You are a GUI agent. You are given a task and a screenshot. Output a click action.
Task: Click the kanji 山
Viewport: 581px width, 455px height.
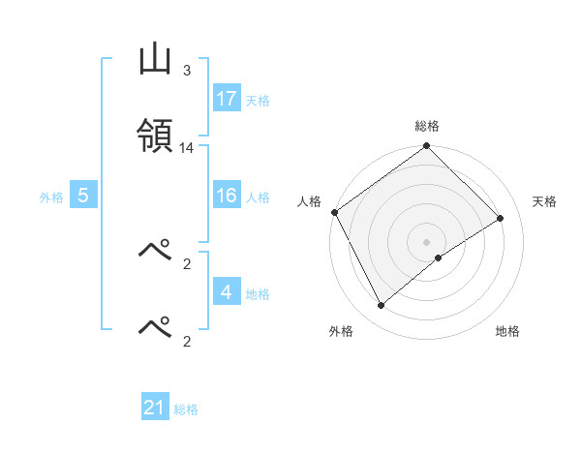(155, 61)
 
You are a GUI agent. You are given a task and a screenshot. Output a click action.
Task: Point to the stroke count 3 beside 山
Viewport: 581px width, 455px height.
(187, 71)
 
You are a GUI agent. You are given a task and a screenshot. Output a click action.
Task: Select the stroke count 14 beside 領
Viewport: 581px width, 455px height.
(187, 148)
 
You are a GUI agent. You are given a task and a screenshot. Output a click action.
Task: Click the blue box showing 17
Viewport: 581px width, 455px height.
(227, 99)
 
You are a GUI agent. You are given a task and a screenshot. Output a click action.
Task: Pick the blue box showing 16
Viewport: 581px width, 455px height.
(227, 196)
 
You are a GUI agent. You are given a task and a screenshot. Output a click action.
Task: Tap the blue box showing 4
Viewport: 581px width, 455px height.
(227, 292)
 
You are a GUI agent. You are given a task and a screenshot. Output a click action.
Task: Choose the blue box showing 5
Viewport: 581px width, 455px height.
(83, 196)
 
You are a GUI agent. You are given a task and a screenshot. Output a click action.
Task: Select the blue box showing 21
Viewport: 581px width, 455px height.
(155, 408)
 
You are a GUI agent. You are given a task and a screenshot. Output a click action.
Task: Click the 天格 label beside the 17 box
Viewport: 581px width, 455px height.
(258, 100)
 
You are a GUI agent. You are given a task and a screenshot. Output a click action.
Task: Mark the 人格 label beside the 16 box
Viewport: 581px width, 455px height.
(258, 197)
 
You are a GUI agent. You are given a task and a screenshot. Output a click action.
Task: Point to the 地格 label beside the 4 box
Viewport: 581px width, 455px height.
(258, 293)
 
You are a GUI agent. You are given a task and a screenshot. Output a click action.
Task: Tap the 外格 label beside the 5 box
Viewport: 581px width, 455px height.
(51, 197)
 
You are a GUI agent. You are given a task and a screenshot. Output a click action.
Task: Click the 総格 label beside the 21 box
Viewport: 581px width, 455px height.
(186, 409)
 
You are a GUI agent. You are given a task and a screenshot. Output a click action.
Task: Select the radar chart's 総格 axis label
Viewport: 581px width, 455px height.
(427, 126)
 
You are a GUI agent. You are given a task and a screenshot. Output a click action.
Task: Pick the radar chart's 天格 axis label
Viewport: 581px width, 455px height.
(545, 201)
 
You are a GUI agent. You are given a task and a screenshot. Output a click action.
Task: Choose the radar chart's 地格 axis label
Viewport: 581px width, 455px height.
(507, 331)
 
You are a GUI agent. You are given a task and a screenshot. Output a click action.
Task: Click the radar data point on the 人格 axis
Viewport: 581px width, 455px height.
(335, 212)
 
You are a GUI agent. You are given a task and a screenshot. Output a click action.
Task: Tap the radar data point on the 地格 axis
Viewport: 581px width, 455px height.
(439, 257)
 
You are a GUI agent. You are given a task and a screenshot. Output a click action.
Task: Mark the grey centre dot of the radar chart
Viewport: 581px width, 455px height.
(427, 241)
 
